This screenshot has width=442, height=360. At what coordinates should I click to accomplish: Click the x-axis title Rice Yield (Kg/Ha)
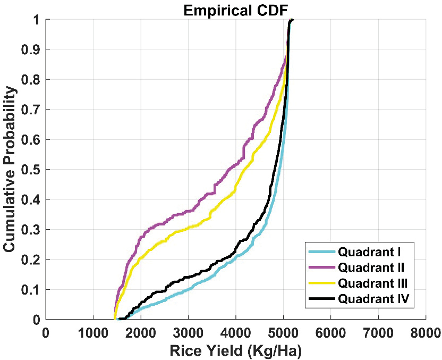coord(235,351)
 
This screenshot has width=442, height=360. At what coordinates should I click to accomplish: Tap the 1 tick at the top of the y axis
coord(36,20)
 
